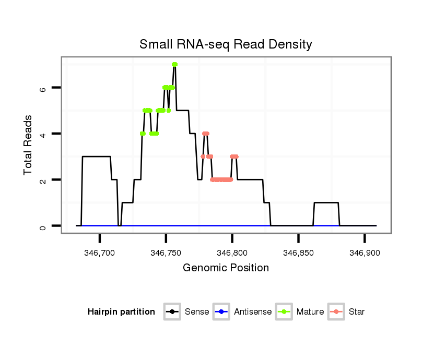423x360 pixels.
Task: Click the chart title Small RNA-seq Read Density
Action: (x=226, y=44)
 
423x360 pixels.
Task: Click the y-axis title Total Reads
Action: (x=29, y=145)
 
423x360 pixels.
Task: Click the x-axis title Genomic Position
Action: (x=226, y=268)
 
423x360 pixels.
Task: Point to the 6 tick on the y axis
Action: (x=43, y=88)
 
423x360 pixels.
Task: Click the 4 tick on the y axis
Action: (x=43, y=134)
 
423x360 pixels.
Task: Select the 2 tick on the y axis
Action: (x=43, y=180)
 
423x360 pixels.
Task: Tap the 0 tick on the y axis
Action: (x=43, y=226)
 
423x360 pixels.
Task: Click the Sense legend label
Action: (x=197, y=312)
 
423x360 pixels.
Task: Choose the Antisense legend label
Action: (x=253, y=312)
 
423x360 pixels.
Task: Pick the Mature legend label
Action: (x=310, y=312)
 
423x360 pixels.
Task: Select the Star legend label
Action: (x=357, y=312)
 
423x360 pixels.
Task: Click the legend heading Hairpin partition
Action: (x=122, y=312)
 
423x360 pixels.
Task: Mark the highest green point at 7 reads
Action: (x=175, y=64)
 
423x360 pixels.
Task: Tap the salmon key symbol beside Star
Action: (x=336, y=312)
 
